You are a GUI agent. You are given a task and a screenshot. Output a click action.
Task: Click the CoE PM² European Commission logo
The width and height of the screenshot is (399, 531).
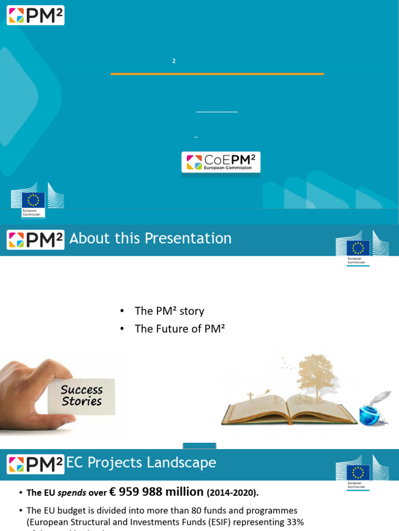221,162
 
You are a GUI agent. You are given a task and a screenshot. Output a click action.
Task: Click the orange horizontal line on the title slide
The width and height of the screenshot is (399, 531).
217,74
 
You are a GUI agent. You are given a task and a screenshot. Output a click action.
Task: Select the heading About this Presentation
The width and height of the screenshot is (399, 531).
151,239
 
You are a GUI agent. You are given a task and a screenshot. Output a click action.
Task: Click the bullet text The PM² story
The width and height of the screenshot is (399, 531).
169,311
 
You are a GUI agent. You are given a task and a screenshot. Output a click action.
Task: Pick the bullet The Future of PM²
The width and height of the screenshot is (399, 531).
179,329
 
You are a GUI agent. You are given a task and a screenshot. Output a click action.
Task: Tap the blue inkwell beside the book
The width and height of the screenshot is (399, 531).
370,415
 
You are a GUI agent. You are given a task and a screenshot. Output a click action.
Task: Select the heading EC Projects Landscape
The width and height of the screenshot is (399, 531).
141,463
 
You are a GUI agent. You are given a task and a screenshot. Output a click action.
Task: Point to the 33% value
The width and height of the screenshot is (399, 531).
294,522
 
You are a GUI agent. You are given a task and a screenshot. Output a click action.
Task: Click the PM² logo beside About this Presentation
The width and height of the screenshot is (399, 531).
35,240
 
